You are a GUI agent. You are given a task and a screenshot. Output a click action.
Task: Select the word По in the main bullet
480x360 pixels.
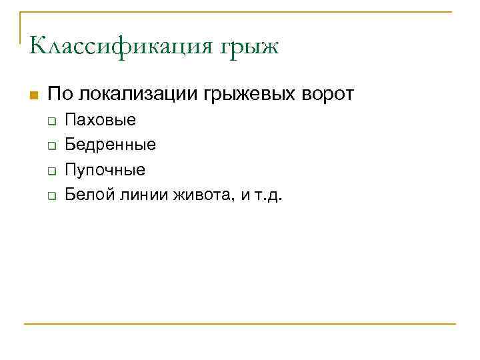point(57,94)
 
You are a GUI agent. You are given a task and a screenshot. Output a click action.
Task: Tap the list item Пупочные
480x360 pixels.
point(105,170)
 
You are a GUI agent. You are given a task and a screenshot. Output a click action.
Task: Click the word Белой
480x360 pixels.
point(84,195)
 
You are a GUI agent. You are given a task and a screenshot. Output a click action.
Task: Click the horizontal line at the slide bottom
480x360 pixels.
point(240,324)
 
